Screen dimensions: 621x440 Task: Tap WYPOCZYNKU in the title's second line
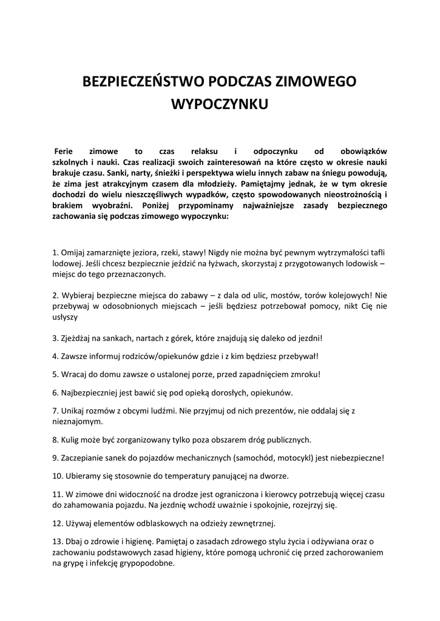(220, 104)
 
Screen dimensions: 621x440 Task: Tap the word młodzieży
(215, 184)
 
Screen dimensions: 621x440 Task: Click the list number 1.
(55, 253)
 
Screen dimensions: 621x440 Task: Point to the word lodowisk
(364, 264)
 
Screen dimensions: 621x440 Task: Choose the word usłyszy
(66, 317)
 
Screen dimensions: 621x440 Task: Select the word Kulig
(72, 439)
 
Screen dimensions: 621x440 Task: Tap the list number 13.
(57, 540)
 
